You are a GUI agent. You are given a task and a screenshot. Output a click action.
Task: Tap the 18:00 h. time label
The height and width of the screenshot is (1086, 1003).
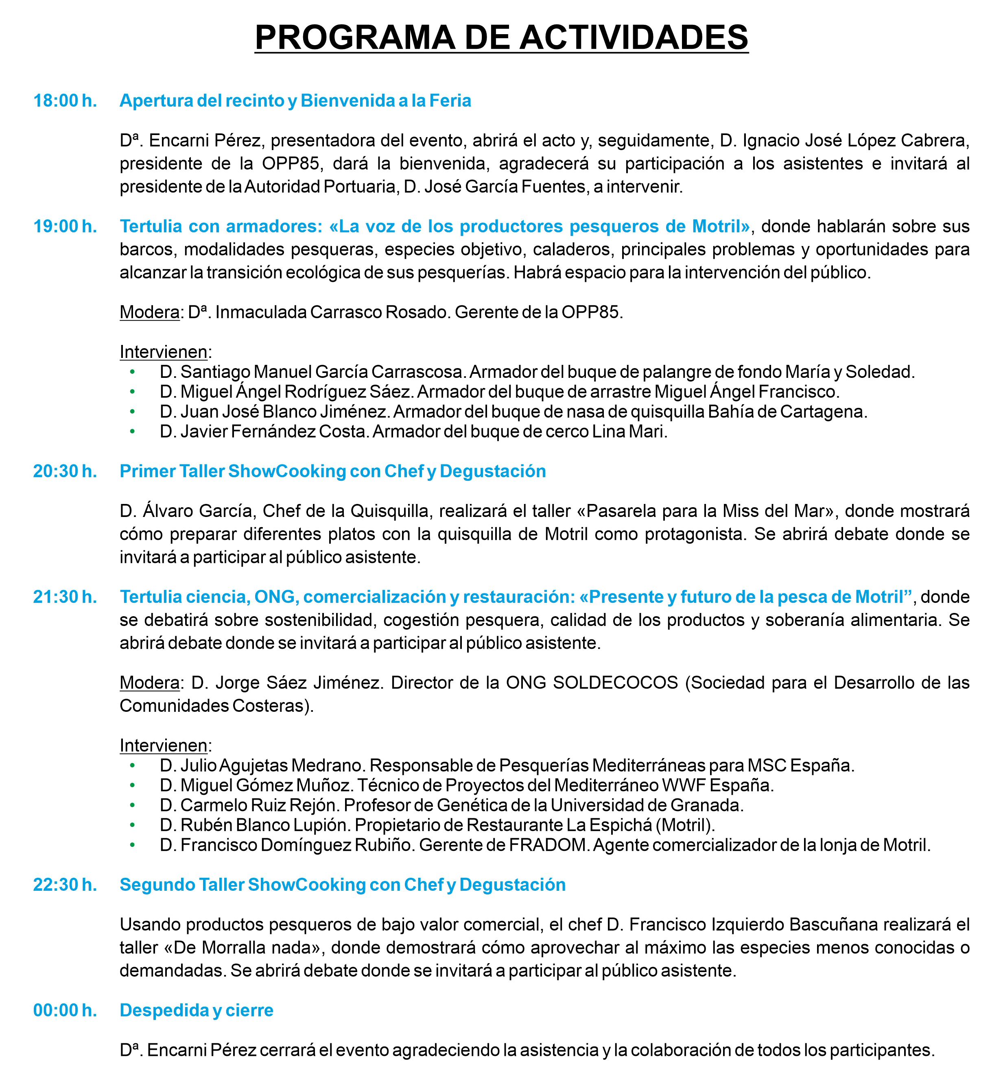pos(65,101)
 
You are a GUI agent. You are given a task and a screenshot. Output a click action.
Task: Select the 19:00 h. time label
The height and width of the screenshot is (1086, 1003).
pos(65,226)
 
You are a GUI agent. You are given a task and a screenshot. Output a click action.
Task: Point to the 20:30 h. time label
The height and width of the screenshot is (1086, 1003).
pos(65,471)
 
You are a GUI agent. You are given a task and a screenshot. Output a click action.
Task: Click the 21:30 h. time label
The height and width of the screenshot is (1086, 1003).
pos(65,597)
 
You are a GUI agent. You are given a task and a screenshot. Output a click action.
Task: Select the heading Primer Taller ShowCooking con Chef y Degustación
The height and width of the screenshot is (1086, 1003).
pos(333,471)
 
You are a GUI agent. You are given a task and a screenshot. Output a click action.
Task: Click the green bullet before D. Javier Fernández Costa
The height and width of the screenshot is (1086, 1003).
pos(132,432)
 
